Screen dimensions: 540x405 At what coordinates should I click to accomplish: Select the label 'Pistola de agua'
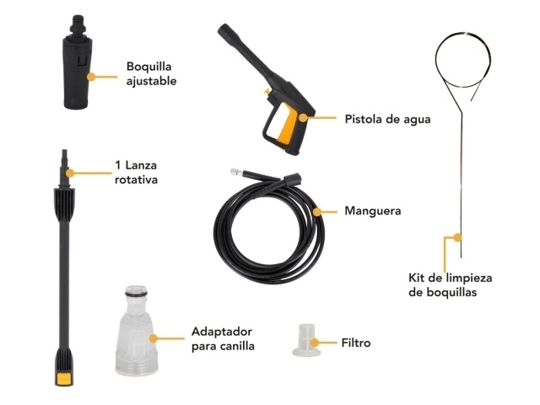coord(387,119)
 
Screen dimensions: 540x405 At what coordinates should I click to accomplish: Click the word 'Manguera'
coord(373,211)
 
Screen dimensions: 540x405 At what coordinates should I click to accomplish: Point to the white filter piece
coord(306,340)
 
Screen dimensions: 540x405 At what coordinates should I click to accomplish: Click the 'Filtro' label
coord(356,343)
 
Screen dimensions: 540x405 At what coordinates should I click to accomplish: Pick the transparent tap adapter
coord(137,331)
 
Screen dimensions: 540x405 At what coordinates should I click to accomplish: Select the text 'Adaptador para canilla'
coord(223,338)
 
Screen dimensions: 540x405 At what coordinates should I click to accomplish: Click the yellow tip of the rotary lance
coord(64,379)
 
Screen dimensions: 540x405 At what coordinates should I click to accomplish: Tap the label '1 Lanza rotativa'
coord(136,172)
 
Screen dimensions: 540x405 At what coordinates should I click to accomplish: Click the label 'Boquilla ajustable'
coord(151,73)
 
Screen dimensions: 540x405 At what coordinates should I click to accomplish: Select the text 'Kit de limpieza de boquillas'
coord(451,285)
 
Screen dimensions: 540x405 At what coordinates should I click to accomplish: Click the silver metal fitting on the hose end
coord(235,172)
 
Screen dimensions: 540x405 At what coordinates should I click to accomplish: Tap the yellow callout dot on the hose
coord(317,212)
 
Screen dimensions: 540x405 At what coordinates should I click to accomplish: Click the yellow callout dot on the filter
coord(314,343)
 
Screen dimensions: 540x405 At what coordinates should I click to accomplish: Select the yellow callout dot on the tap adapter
coord(154,338)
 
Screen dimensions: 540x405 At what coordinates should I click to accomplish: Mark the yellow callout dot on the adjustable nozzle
coord(91,77)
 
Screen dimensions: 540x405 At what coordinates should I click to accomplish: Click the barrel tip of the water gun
coord(223,29)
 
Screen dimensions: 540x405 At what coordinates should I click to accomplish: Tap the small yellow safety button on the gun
coord(267,91)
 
